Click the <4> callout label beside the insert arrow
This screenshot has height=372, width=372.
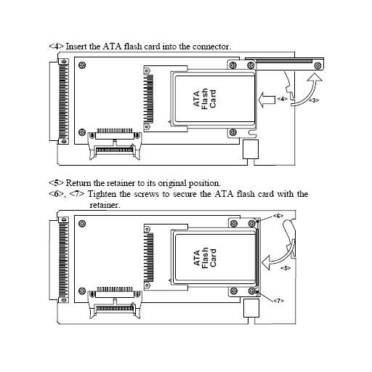tap(283, 99)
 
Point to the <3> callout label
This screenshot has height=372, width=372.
tap(314, 100)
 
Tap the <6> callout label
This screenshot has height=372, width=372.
tap(278, 216)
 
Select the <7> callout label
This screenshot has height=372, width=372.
tap(278, 301)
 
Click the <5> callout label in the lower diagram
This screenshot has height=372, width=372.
tap(286, 268)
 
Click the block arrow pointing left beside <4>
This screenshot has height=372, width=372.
tap(267, 100)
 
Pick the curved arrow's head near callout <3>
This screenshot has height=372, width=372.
tap(315, 77)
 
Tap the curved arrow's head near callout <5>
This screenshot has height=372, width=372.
tap(266, 262)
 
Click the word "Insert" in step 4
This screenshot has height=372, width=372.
tap(76, 46)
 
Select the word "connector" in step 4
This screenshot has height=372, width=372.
tap(211, 46)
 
